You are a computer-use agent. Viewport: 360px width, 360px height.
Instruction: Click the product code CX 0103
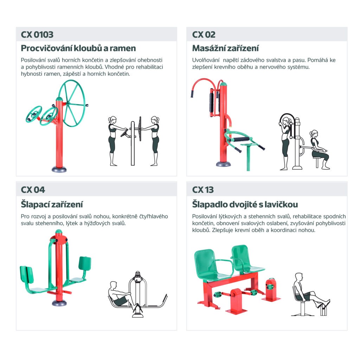pos(37,35)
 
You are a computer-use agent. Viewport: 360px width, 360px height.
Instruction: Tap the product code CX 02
pos(204,35)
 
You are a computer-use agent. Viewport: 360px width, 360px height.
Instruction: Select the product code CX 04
pos(33,190)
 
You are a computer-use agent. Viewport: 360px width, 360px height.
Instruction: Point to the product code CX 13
pos(203,190)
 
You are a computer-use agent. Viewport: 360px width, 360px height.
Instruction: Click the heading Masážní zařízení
pos(225,48)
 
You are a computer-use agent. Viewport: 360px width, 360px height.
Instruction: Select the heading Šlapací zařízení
pos(52,204)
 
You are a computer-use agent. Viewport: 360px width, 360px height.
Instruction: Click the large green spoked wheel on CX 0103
pos(72,103)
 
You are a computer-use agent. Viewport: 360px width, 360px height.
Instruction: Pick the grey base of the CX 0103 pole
pos(59,169)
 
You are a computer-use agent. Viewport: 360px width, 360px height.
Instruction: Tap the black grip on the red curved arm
pos(192,94)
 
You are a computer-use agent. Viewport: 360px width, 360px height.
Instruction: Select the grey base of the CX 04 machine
pos(59,303)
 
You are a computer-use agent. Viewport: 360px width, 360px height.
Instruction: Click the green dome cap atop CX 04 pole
pos(59,231)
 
